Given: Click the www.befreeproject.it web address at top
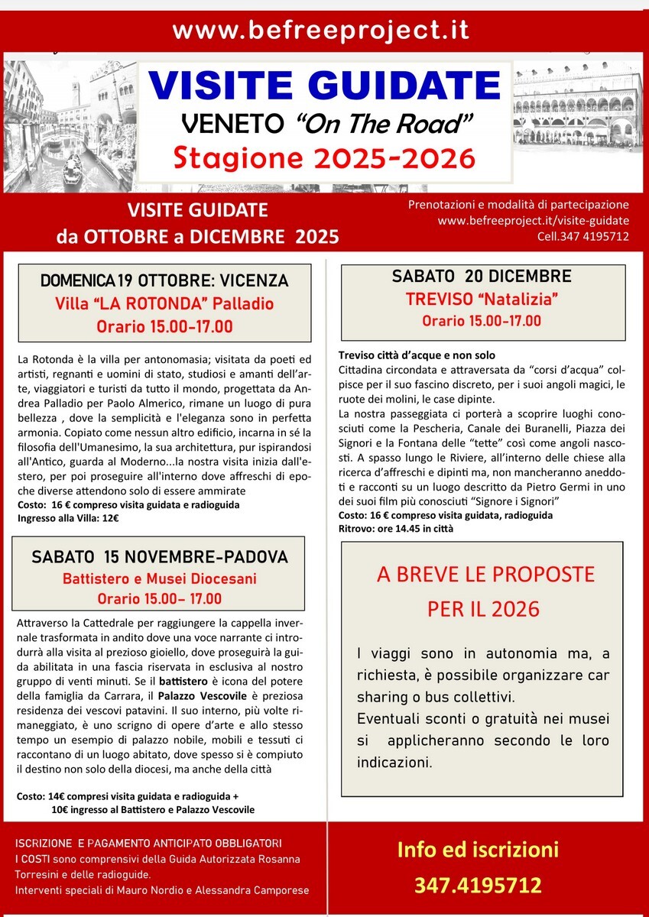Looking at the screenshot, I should [320, 31].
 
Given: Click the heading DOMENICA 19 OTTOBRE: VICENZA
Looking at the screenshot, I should [164, 279].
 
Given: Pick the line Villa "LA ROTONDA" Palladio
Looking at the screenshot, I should [164, 303].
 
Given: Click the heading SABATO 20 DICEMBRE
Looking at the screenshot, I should [481, 276].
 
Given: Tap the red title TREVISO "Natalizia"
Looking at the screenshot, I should [481, 298].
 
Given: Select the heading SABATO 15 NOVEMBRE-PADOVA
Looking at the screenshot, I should [159, 556].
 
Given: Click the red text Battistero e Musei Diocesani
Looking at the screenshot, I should [159, 578].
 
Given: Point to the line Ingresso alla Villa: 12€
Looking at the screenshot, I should [68, 518].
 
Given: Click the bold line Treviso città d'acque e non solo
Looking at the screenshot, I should [417, 355].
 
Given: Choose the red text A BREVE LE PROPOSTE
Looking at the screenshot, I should [485, 575].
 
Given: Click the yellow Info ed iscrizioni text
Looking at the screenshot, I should [478, 850].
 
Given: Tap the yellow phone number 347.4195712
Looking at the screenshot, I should [478, 886].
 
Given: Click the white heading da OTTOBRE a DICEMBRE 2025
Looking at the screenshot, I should [197, 236].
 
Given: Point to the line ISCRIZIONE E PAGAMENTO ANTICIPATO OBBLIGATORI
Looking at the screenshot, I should [148, 844].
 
